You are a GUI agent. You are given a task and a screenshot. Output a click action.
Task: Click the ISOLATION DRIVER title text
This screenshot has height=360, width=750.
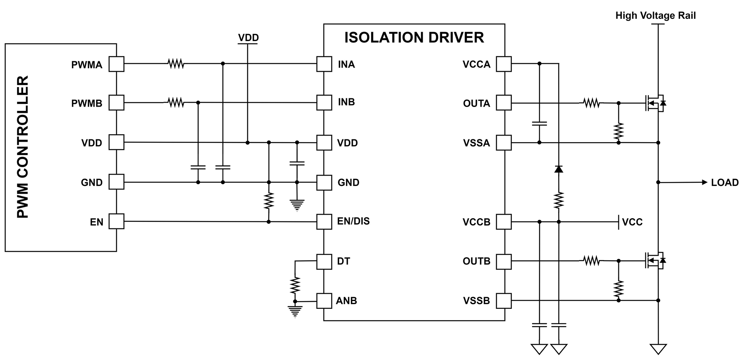tap(414, 37)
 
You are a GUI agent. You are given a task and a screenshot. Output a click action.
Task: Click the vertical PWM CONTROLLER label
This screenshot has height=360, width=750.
tap(23, 147)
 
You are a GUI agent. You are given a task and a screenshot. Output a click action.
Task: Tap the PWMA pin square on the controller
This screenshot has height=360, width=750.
tap(116, 64)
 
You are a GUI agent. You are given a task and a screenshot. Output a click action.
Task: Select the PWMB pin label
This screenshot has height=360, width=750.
tap(87, 103)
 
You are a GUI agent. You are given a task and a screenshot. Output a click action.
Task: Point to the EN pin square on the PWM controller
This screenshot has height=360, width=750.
tap(116, 221)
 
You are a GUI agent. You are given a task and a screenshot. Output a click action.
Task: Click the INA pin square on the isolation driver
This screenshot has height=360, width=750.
tap(324, 64)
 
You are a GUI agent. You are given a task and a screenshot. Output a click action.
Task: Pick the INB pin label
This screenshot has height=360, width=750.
tap(346, 102)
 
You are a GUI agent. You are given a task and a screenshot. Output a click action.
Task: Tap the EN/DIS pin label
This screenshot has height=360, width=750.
tap(353, 221)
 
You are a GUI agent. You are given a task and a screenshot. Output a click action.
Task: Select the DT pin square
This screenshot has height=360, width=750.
tap(324, 261)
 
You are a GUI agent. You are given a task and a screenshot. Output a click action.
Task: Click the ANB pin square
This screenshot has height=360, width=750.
tap(324, 301)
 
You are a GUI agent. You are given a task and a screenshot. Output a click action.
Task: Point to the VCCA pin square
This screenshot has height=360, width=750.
tap(504, 64)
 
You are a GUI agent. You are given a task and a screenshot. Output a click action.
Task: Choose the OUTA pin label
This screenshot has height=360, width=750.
tap(476, 103)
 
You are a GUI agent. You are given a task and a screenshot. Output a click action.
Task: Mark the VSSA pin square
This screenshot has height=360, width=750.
tap(504, 143)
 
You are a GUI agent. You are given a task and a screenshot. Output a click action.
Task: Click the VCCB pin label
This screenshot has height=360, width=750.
tap(476, 222)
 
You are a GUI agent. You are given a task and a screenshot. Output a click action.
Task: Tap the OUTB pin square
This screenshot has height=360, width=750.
tap(504, 261)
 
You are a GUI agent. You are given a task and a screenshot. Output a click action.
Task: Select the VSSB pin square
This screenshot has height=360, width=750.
tap(504, 301)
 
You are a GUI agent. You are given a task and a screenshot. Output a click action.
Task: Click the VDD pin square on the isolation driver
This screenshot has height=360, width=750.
tap(324, 143)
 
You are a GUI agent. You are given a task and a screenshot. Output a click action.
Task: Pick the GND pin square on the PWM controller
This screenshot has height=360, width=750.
tap(116, 182)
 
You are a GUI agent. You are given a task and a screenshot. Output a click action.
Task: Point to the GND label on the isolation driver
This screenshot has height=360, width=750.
tap(348, 183)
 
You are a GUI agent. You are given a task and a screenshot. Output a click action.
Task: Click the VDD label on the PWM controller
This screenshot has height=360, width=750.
tap(91, 143)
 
